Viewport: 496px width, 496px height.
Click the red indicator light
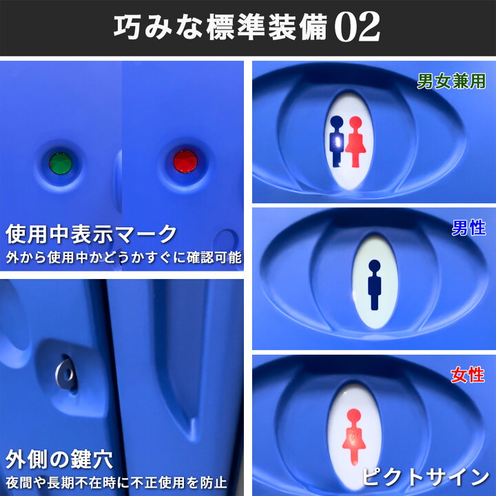pyautogui.click(x=185, y=162)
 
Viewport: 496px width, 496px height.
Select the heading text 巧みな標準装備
pyautogui.click(x=221, y=28)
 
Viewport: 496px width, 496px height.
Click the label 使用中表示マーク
pyautogui.click(x=91, y=235)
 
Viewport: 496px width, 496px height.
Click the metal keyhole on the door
pyautogui.click(x=66, y=373)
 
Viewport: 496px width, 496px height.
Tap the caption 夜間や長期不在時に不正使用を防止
pyautogui.click(x=116, y=482)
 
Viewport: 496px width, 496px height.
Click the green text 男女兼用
pyautogui.click(x=451, y=81)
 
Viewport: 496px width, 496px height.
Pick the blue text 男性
pyautogui.click(x=468, y=228)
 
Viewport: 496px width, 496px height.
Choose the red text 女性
pyautogui.click(x=468, y=375)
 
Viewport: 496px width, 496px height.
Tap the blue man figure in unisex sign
pyautogui.click(x=338, y=141)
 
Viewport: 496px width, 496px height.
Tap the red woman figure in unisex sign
pyautogui.click(x=355, y=141)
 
